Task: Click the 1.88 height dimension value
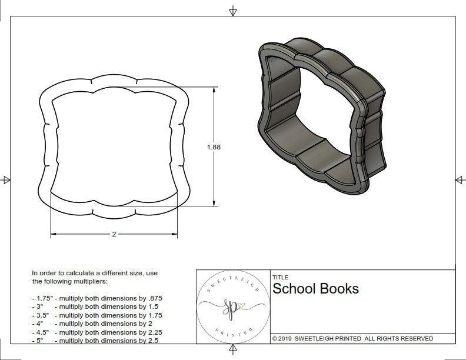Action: click(x=214, y=147)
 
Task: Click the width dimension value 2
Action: click(x=114, y=234)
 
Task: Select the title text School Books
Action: click(x=315, y=289)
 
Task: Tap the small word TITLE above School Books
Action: click(x=280, y=277)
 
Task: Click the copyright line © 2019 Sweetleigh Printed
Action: click(x=352, y=338)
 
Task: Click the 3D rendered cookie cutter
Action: click(x=321, y=116)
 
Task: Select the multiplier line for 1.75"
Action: click(x=97, y=298)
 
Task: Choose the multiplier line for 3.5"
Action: click(x=97, y=315)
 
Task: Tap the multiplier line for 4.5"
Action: click(x=97, y=332)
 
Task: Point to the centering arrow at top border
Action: click(x=233, y=11)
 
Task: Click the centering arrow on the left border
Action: click(x=6, y=179)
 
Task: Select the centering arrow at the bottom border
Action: click(x=233, y=350)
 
